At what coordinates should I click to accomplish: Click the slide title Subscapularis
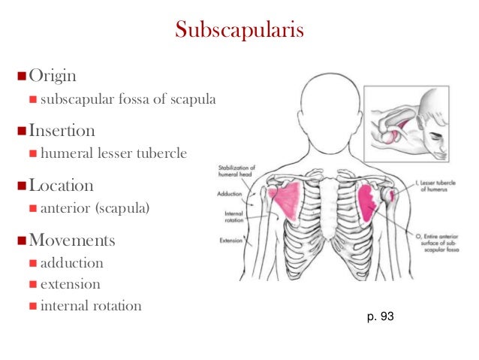(x=239, y=30)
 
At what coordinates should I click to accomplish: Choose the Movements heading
(x=71, y=241)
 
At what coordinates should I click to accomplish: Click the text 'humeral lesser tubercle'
(x=113, y=153)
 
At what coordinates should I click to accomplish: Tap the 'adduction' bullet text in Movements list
(x=72, y=264)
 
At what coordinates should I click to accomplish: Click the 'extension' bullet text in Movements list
(x=70, y=285)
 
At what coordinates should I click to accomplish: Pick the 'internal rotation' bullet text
(x=91, y=307)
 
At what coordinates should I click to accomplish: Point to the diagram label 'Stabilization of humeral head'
(x=238, y=171)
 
